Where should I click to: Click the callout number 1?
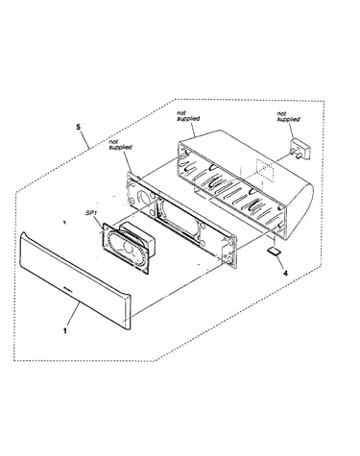(65, 330)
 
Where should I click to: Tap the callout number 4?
(285, 273)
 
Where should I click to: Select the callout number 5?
(79, 127)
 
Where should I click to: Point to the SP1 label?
(91, 212)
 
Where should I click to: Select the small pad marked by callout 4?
(274, 251)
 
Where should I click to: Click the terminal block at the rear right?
(300, 149)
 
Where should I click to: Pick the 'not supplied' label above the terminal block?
(288, 116)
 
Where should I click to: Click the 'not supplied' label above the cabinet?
(188, 116)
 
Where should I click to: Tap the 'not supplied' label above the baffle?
(120, 145)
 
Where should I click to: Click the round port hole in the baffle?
(143, 197)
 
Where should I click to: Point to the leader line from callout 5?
(84, 140)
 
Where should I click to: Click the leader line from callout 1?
(73, 315)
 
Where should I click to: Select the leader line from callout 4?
(279, 262)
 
